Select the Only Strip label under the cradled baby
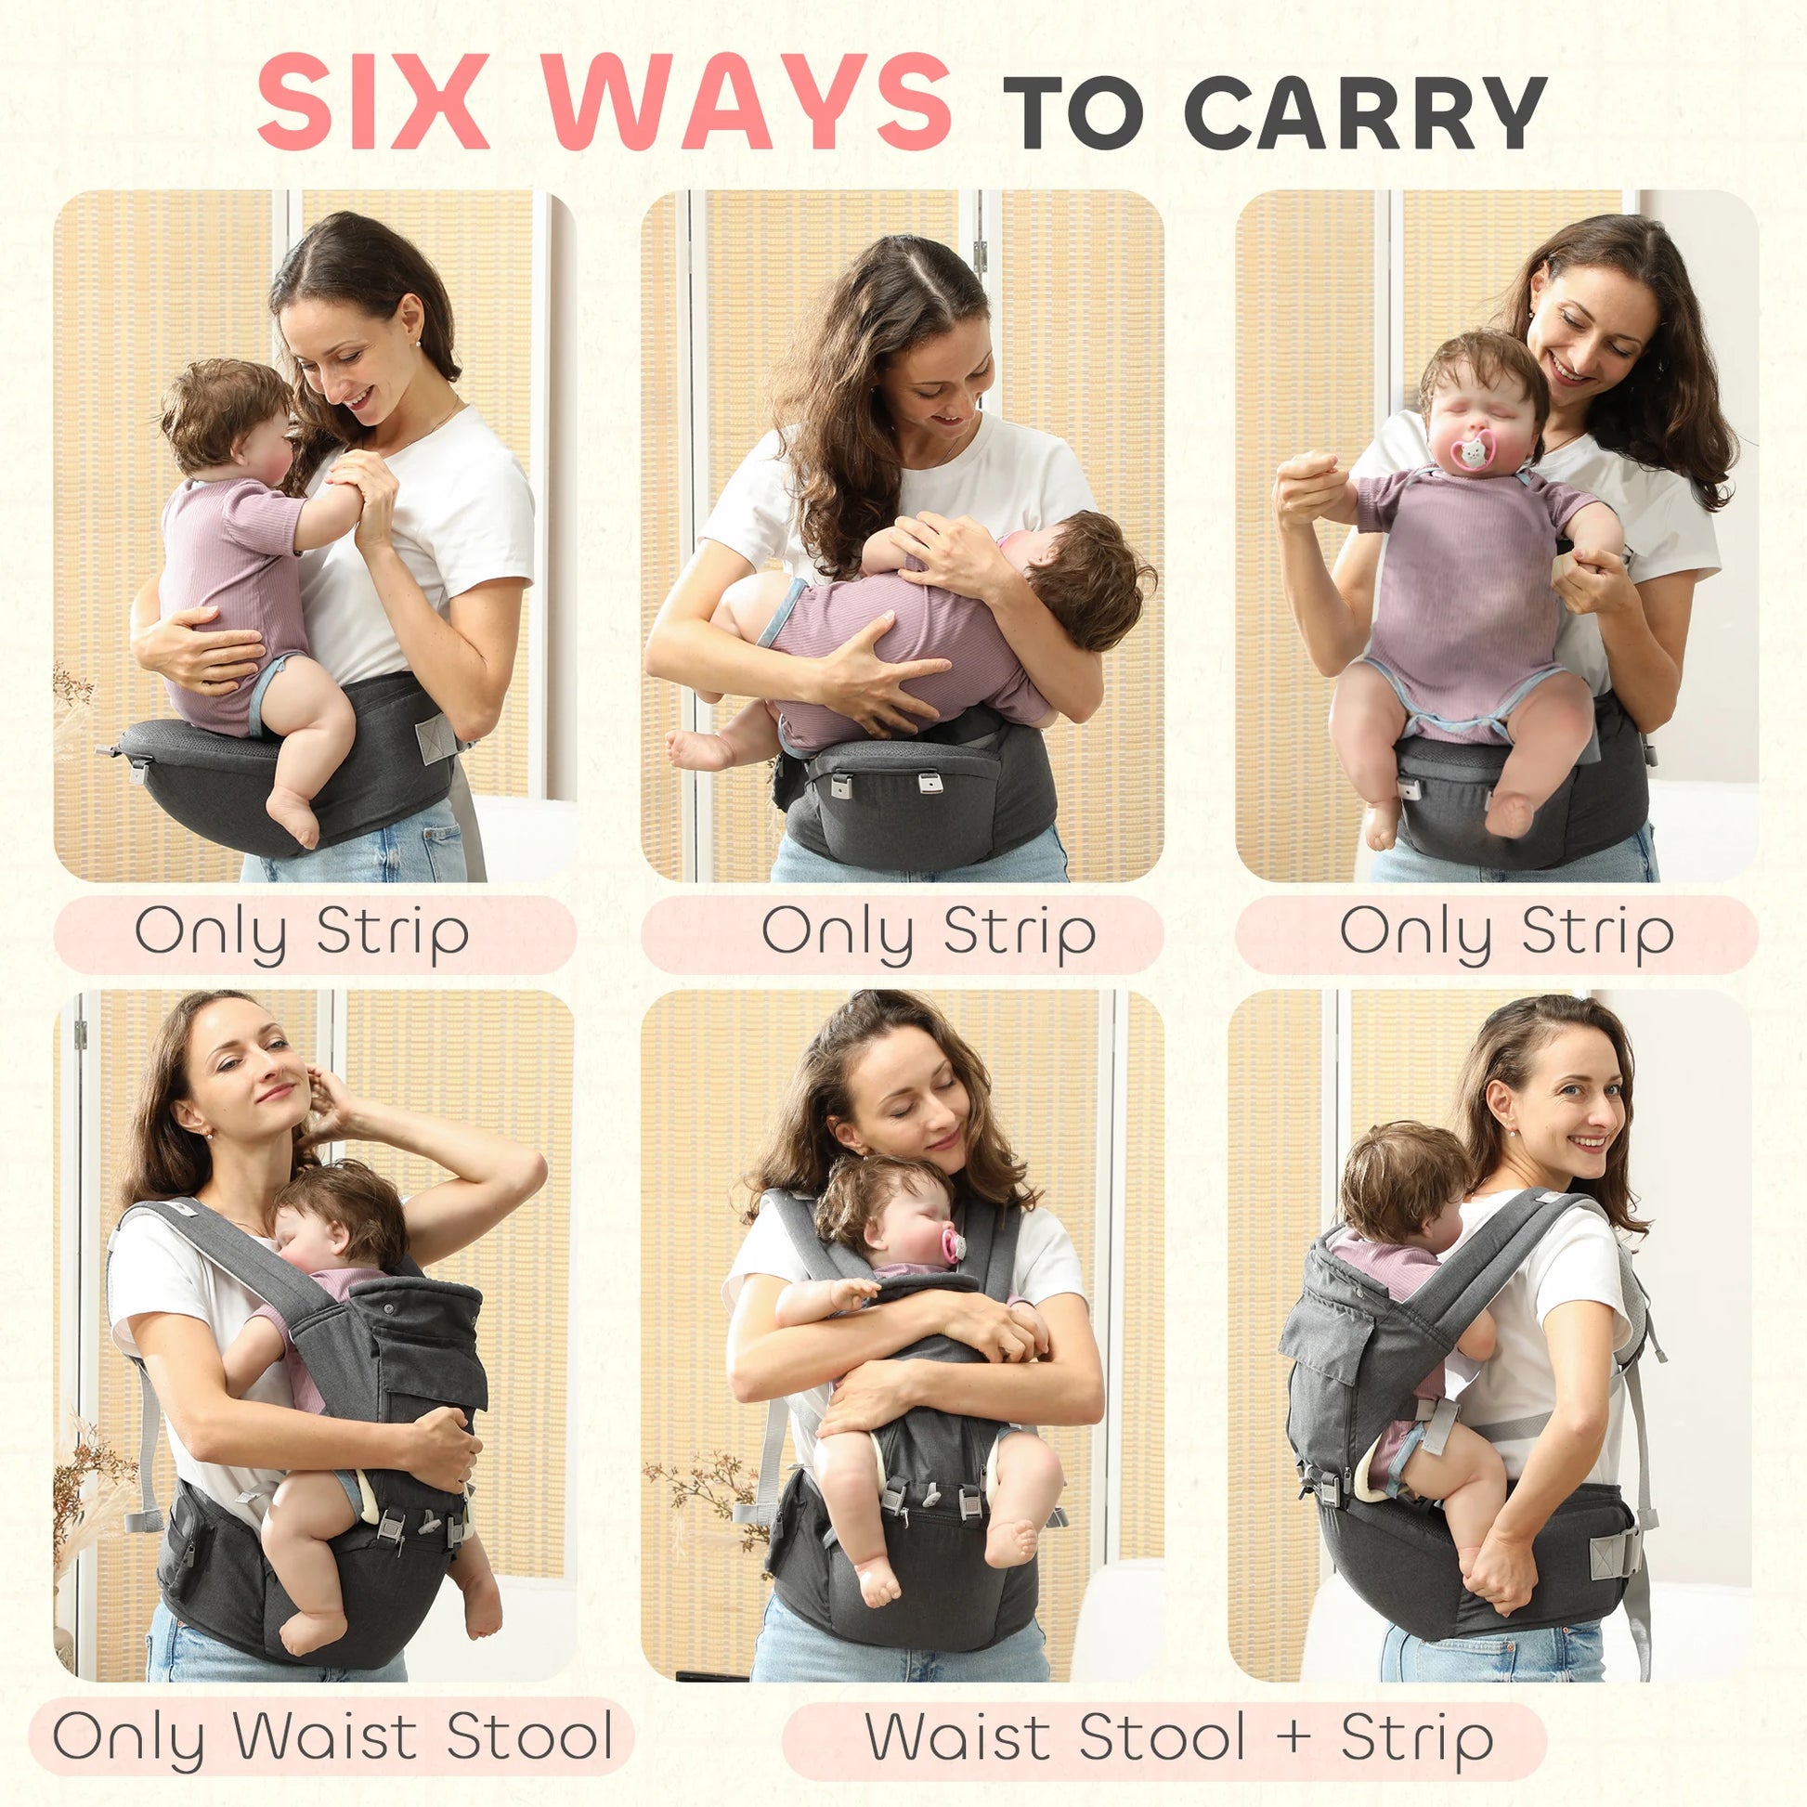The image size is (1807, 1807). point(928,932)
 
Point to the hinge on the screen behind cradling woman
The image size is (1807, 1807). point(980,251)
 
